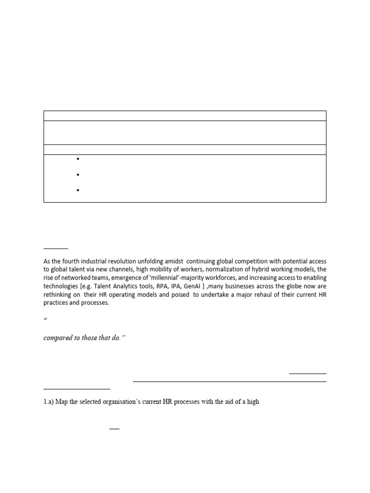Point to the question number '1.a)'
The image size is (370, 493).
point(49,401)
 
